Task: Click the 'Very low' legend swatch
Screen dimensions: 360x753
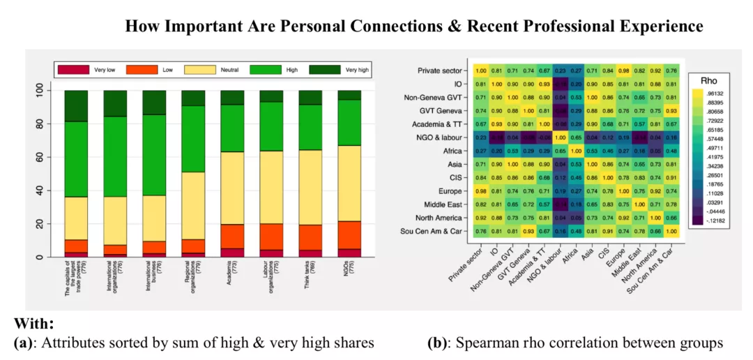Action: [x=73, y=70]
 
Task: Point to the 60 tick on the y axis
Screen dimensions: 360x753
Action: [x=46, y=157]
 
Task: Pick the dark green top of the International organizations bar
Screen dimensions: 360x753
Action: [x=115, y=103]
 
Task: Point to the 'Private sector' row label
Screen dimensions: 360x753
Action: [x=442, y=70]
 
